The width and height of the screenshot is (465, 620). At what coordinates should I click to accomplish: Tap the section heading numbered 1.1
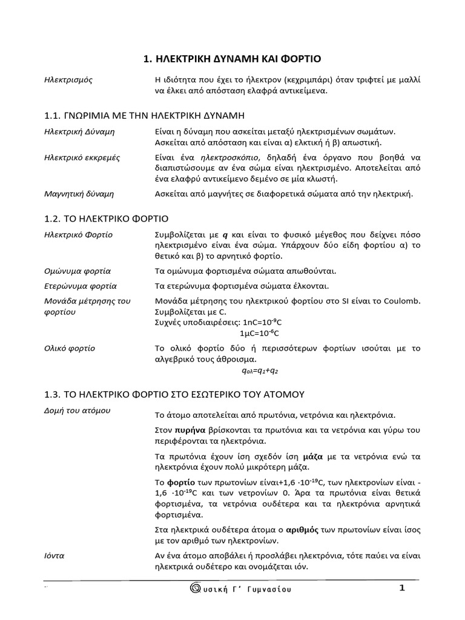pos(144,115)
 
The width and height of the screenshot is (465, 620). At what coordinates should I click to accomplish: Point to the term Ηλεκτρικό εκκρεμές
pos(82,157)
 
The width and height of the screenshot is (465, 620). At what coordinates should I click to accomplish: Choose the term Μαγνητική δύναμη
pos(79,194)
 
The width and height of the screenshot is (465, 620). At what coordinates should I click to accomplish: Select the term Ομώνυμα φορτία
pos(77,271)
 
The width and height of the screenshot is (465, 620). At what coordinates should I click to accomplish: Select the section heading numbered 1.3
pos(173,394)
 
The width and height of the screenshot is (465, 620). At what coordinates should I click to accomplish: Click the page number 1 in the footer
pos(401,588)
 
